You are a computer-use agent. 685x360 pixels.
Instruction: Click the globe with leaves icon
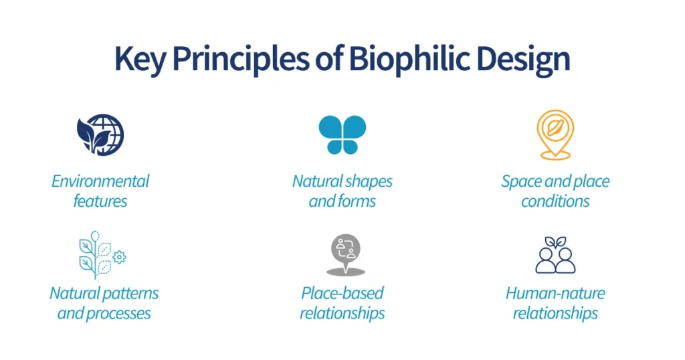coord(100,134)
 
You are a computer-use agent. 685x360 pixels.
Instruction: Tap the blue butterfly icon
coord(342,134)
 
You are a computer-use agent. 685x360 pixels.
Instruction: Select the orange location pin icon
coord(555,134)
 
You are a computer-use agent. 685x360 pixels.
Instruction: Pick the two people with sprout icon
coord(555,255)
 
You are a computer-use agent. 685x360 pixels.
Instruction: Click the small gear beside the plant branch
coord(120,257)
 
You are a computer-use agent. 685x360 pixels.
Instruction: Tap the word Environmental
coord(100,181)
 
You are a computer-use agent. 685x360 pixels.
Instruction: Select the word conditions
coord(555,201)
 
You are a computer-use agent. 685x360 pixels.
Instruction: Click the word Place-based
coord(342,293)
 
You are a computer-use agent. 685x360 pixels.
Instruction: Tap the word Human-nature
coord(555,293)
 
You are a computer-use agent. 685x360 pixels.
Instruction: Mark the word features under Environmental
coord(100,201)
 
